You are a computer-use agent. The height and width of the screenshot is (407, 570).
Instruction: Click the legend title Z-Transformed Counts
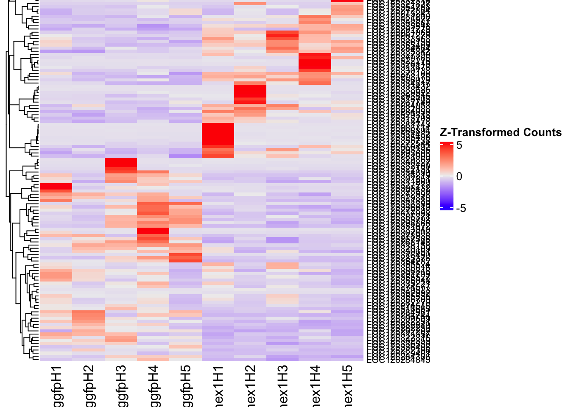(500, 133)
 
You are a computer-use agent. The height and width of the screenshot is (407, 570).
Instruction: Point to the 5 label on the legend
(459, 145)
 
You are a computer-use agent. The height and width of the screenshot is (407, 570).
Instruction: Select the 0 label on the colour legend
(459, 177)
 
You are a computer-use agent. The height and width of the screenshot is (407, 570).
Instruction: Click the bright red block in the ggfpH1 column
(56, 187)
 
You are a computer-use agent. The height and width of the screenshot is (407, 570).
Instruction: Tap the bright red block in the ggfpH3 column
(121, 162)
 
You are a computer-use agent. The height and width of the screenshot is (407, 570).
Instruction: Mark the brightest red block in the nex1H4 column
(315, 61)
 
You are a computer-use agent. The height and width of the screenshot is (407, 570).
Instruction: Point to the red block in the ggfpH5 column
(186, 257)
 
